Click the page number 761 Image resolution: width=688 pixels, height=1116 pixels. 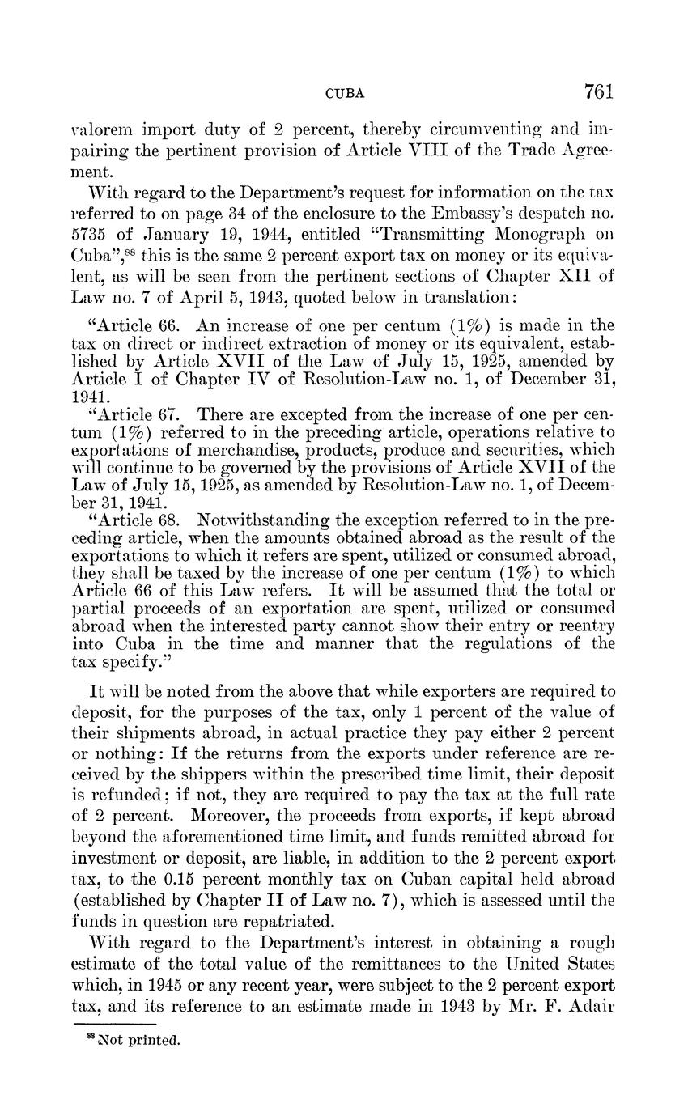pyautogui.click(x=598, y=91)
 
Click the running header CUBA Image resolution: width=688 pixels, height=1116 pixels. pyautogui.click(x=344, y=94)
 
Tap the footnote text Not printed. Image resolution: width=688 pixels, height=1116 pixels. pyautogui.click(x=138, y=1041)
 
